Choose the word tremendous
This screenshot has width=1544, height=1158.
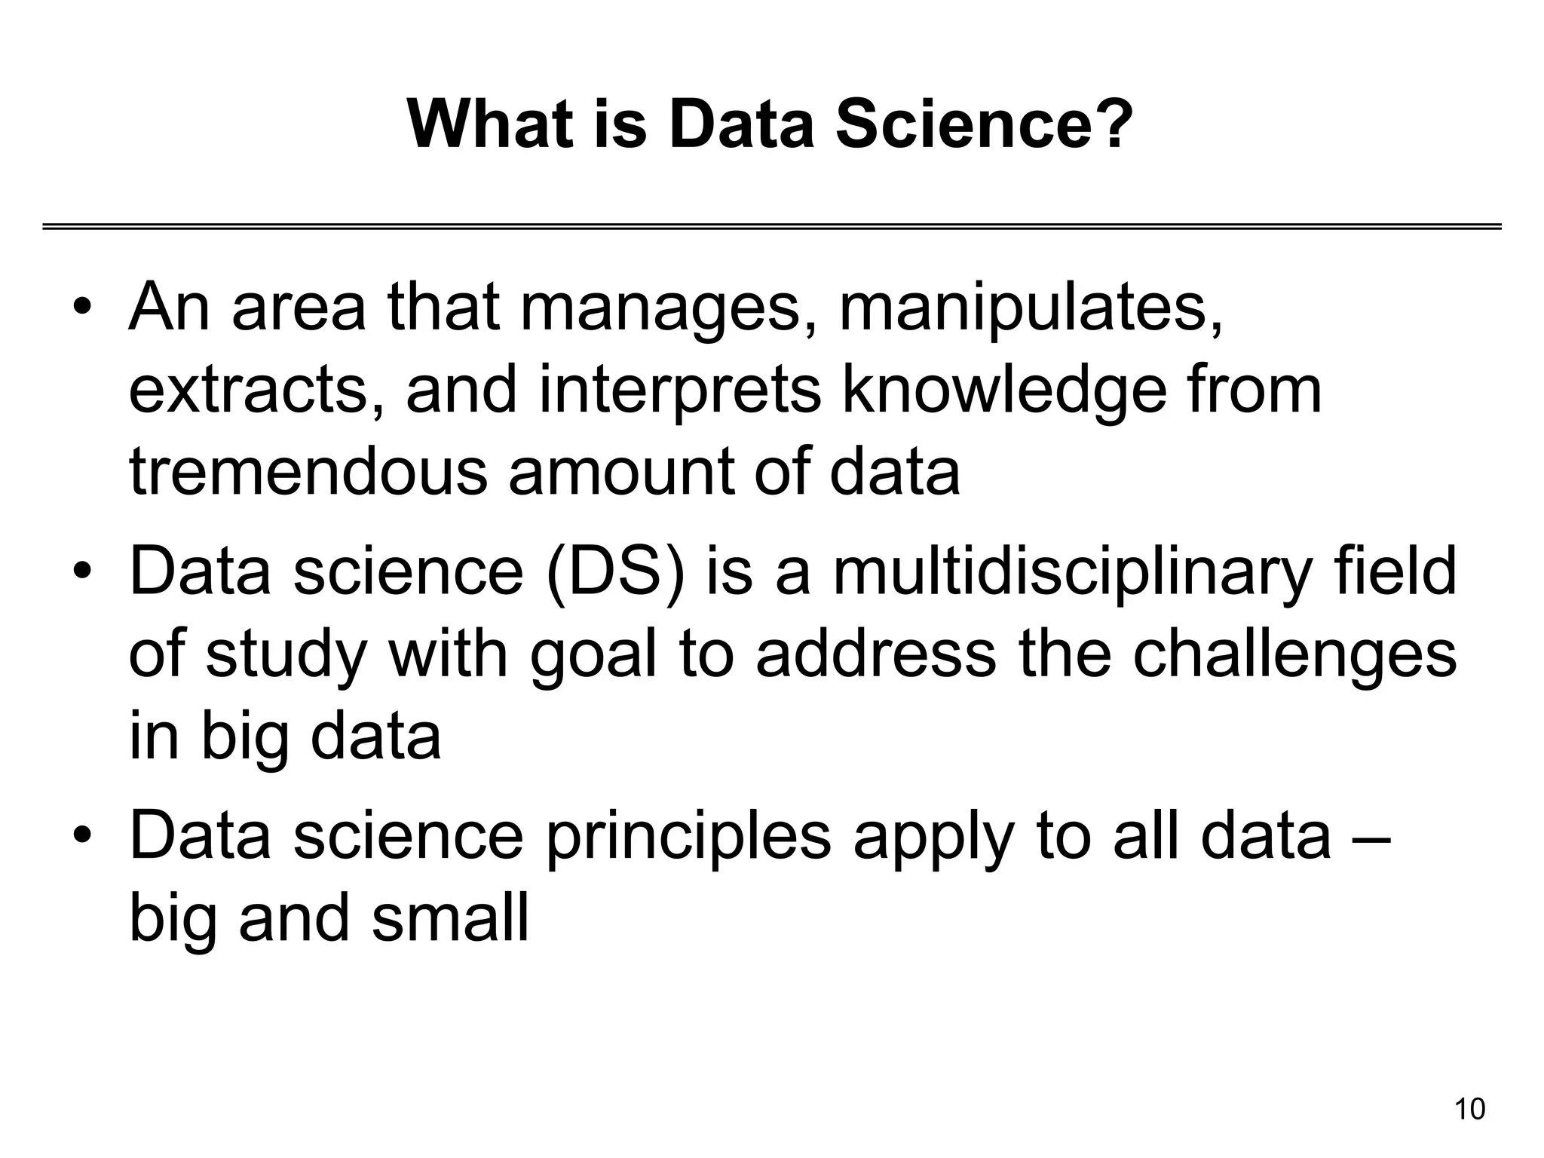[308, 472]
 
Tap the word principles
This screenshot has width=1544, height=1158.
[688, 838]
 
